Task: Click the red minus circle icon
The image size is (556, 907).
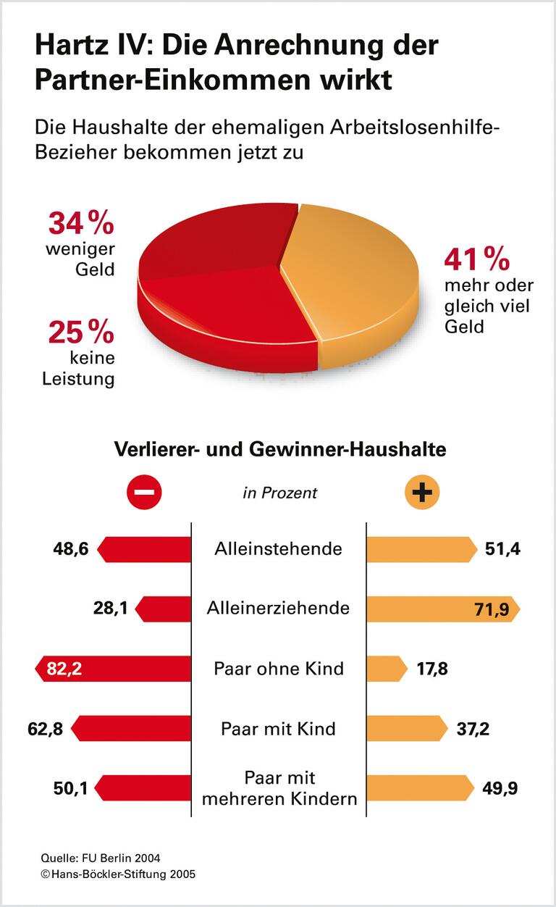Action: (144, 493)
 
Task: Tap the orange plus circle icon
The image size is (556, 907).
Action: (421, 493)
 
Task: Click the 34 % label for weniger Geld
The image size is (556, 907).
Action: (81, 223)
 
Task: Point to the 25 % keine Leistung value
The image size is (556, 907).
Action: (81, 333)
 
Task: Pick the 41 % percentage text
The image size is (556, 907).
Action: (477, 259)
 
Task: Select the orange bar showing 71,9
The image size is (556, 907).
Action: (442, 609)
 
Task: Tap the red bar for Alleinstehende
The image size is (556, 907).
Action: (145, 549)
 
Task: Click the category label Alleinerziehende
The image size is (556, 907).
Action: (278, 608)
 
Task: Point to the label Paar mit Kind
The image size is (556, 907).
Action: (278, 728)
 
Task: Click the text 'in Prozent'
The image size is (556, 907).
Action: (279, 493)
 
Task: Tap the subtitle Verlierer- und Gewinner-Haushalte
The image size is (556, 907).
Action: (279, 449)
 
